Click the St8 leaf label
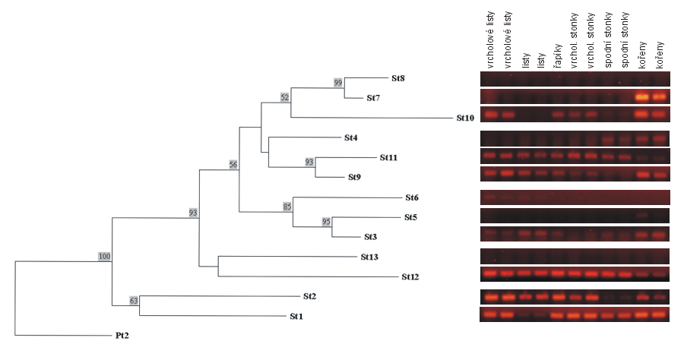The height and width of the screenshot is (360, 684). tap(397, 78)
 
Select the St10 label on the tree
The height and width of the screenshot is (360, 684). tap(465, 118)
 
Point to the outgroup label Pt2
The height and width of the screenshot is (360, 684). tap(122, 336)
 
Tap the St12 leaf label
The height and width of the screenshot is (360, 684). tap(410, 276)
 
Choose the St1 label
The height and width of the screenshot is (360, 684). tap(296, 317)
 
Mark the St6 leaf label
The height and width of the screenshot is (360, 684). tap(412, 198)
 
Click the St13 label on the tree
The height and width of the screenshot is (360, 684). tap(369, 257)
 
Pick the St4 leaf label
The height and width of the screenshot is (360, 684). tap(350, 138)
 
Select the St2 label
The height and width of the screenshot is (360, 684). tap(310, 296)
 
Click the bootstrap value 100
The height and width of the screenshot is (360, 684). tap(104, 256)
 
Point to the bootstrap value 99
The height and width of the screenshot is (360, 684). tap(338, 82)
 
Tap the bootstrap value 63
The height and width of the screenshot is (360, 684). tap(134, 300)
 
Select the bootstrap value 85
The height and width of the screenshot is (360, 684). tap(287, 207)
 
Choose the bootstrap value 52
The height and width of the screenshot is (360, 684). tap(285, 98)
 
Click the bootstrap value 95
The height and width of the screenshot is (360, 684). tap(326, 222)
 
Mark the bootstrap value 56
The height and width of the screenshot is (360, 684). tap(233, 164)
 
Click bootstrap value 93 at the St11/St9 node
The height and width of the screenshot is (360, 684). tap(309, 162)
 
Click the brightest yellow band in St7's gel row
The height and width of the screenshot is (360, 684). tap(641, 96)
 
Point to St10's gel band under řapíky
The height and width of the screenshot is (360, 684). tap(558, 115)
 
